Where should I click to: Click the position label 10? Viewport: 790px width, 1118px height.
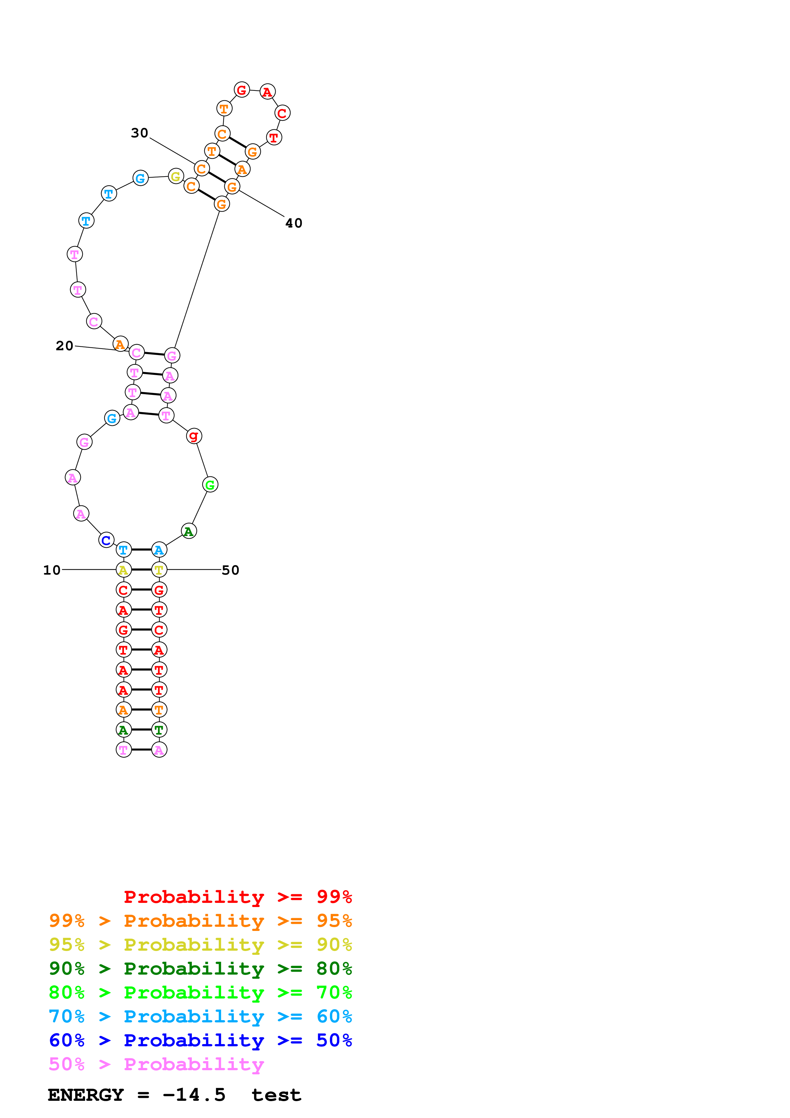[x=52, y=570]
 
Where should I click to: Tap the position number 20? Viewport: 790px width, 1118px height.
[x=64, y=346]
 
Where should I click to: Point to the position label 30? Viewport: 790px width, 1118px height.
[x=139, y=133]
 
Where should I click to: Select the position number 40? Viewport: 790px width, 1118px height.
[x=294, y=223]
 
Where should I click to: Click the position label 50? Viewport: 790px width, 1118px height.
[x=230, y=570]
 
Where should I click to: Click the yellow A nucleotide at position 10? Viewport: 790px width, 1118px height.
[x=124, y=570]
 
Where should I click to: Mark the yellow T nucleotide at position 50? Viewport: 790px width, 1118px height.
[x=159, y=570]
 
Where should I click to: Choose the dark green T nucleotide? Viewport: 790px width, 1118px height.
[x=159, y=730]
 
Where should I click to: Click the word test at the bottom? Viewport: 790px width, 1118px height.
[x=276, y=1095]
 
